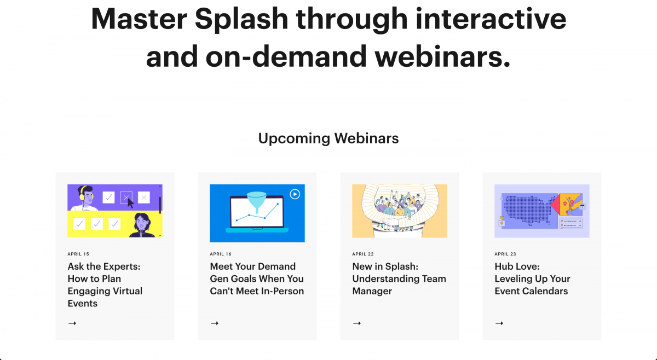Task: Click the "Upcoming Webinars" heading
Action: pyautogui.click(x=328, y=138)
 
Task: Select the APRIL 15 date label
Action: pyautogui.click(x=78, y=254)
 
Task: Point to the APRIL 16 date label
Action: pyautogui.click(x=221, y=254)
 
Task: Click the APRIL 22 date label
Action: pyautogui.click(x=363, y=254)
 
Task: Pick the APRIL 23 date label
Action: pyautogui.click(x=505, y=254)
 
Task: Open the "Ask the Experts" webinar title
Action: pyautogui.click(x=105, y=284)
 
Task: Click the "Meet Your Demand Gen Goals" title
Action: pyautogui.click(x=257, y=278)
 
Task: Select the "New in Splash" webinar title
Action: pyautogui.click(x=399, y=278)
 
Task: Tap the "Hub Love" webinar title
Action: pyautogui.click(x=533, y=278)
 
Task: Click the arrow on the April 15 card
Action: pyautogui.click(x=72, y=323)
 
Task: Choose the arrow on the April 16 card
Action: pyautogui.click(x=215, y=323)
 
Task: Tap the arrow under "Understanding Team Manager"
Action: pyautogui.click(x=357, y=323)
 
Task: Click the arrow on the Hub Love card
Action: pyautogui.click(x=499, y=323)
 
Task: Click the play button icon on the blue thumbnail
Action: pyautogui.click(x=295, y=194)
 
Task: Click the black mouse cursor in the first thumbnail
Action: pyautogui.click(x=131, y=203)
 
